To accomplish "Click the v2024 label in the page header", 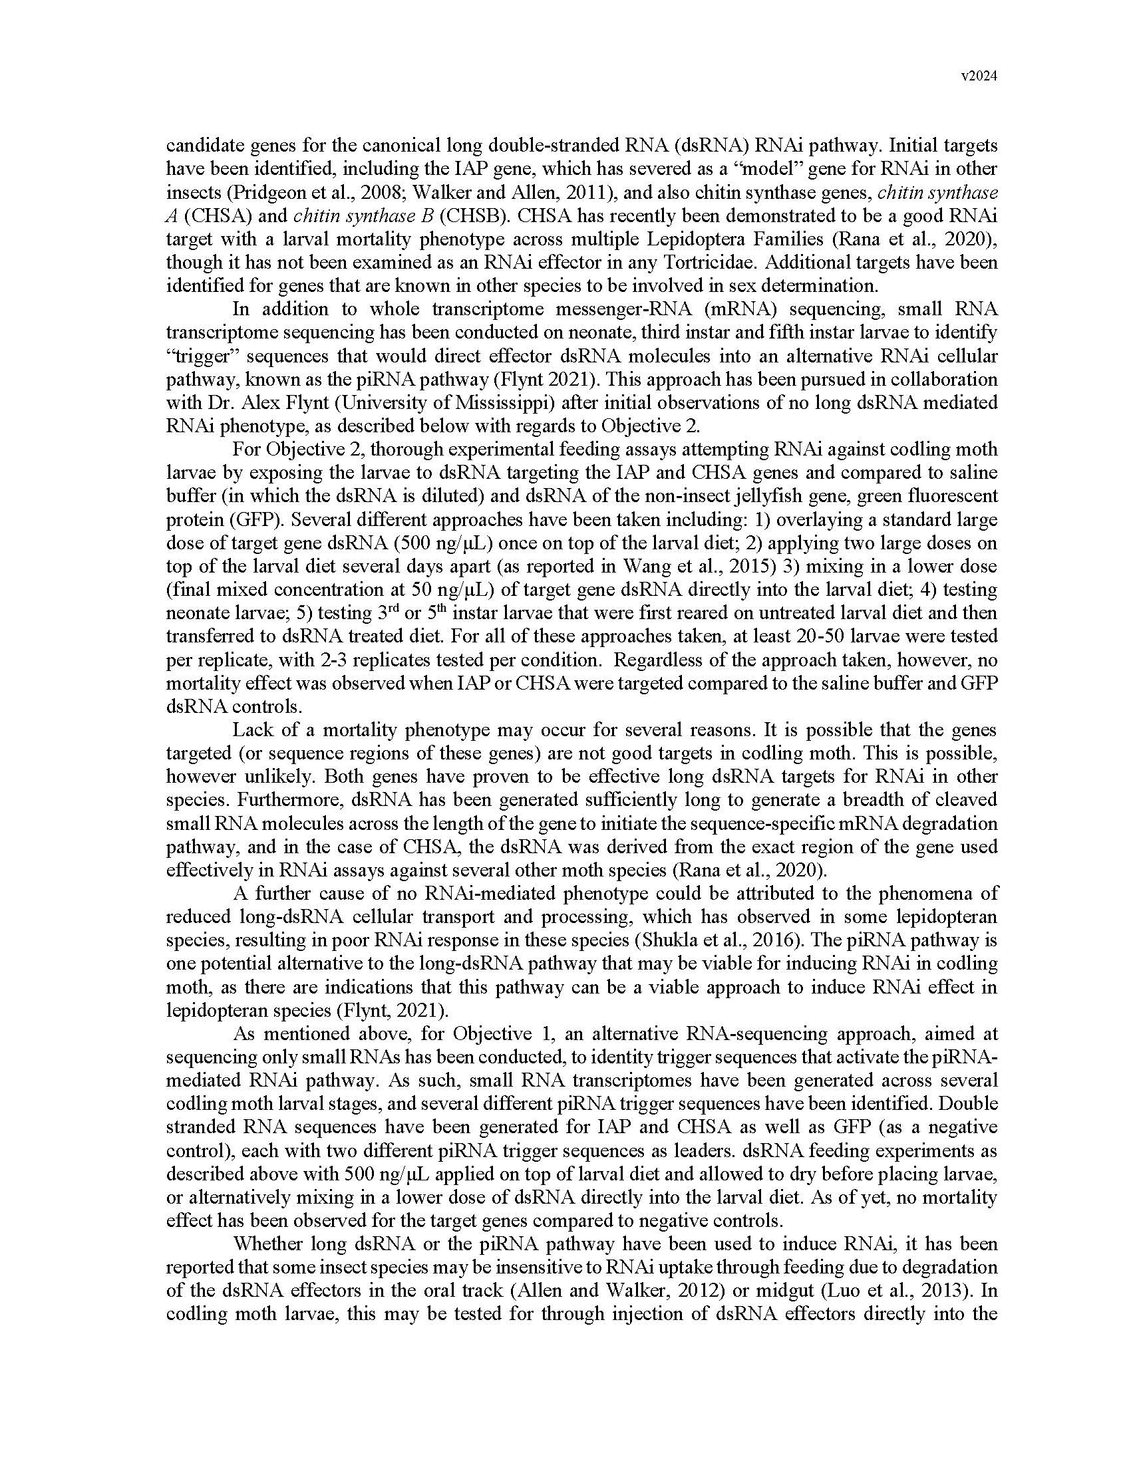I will [979, 76].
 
